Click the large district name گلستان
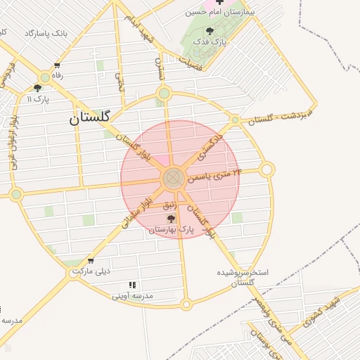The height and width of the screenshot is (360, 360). tap(89, 119)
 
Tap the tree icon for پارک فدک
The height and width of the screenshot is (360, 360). tap(210, 31)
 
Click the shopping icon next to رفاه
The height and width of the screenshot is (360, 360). tap(46, 75)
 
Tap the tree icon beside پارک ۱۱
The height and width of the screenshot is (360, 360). tap(37, 88)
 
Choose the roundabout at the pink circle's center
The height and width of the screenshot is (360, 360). tap(173, 179)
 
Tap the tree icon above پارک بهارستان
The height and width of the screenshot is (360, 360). tap(171, 219)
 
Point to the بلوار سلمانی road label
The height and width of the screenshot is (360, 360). tap(136, 212)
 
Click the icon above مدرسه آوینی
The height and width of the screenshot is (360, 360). tap(131, 285)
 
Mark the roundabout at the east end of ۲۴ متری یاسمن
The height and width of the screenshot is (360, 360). tap(266, 169)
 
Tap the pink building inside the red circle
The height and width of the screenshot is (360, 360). tap(160, 160)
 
